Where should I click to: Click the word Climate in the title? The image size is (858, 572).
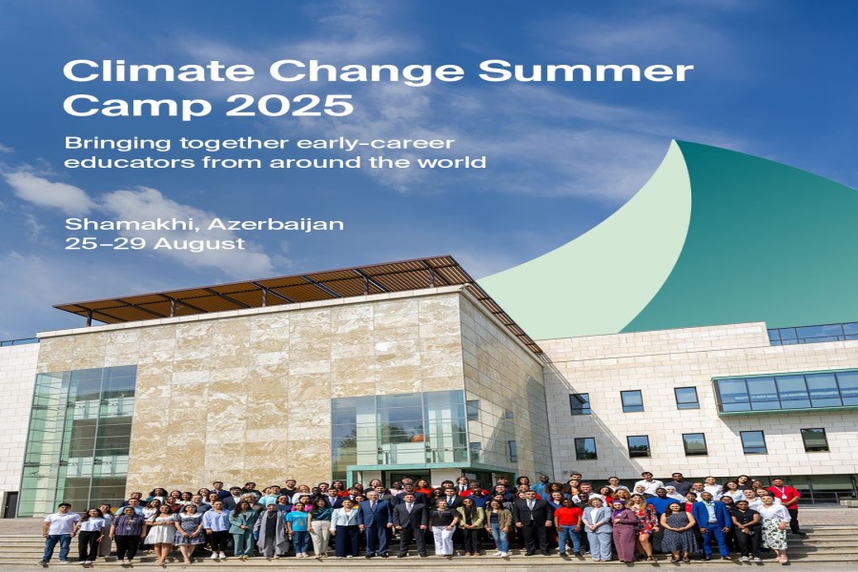158,71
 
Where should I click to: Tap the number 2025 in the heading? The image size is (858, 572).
290,105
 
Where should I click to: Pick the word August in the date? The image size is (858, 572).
199,244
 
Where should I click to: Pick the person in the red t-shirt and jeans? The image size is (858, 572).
567,524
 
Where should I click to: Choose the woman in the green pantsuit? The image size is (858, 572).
243,529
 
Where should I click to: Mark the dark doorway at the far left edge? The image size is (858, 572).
10,504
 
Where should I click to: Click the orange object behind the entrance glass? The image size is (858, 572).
419,438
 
